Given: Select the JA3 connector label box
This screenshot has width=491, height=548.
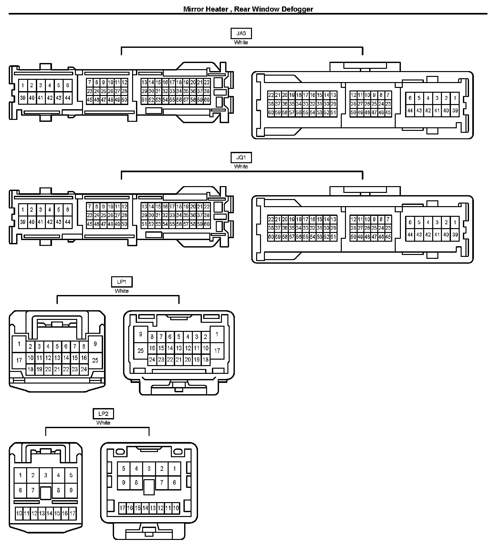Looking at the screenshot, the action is [x=241, y=34].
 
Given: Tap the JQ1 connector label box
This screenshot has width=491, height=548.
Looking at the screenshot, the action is [x=241, y=158].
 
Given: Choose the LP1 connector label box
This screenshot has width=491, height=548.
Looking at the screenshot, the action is [x=122, y=282].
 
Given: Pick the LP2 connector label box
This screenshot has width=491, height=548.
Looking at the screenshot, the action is [x=103, y=414].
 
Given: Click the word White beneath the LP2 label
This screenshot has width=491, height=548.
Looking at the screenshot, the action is [x=103, y=423].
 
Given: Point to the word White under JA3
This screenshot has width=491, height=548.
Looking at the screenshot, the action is [x=241, y=42].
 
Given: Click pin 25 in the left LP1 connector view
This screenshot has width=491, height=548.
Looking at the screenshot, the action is [x=95, y=360].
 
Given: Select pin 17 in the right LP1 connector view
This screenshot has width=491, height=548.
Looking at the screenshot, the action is [x=217, y=350].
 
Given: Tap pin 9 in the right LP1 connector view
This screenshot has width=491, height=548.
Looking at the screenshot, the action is [x=141, y=334].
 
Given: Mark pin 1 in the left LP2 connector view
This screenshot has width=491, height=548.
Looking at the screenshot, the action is [x=20, y=475].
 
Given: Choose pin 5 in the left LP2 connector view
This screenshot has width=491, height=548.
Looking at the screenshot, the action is [x=71, y=475].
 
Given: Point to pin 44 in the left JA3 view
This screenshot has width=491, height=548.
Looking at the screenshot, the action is [x=68, y=98].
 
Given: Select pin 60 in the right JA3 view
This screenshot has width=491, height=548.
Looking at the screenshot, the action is [x=271, y=113].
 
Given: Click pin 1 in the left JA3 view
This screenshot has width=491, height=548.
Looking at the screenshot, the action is [x=23, y=86].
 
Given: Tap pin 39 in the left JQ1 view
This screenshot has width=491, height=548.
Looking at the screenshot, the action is [x=23, y=222].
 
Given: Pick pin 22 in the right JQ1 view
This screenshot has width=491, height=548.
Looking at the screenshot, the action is [x=271, y=219].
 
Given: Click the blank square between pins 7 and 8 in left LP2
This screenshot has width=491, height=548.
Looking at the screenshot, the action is [x=46, y=493].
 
